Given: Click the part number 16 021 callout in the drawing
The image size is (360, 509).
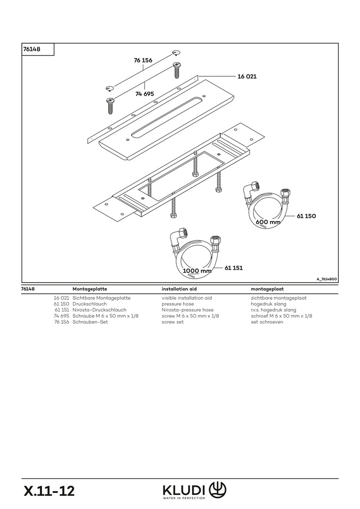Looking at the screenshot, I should pyautogui.click(x=247, y=76).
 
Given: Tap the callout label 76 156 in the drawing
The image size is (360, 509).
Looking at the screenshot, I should pyautogui.click(x=143, y=60).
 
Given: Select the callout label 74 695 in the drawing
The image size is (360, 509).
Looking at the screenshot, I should pyautogui.click(x=145, y=94).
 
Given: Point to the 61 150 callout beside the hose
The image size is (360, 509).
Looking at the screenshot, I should pyautogui.click(x=306, y=216).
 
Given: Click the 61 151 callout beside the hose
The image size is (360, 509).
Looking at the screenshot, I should pyautogui.click(x=234, y=268).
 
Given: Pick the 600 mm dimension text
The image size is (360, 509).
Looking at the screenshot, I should pyautogui.click(x=268, y=222).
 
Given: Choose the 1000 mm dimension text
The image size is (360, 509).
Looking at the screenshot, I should pyautogui.click(x=197, y=271).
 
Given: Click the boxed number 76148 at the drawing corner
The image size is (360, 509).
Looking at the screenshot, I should pyautogui.click(x=31, y=49).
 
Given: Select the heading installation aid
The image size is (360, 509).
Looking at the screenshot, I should pyautogui.click(x=179, y=288).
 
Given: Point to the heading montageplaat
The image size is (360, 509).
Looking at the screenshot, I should pyautogui.click(x=267, y=288).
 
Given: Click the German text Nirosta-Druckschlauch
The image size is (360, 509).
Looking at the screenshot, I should pyautogui.click(x=99, y=310).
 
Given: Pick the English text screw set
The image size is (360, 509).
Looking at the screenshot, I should pyautogui.click(x=172, y=322).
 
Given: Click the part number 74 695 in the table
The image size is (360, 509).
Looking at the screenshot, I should pyautogui.click(x=62, y=316).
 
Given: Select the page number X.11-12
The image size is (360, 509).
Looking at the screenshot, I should pyautogui.click(x=49, y=491).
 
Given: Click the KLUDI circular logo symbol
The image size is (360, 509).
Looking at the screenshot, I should pyautogui.click(x=218, y=488).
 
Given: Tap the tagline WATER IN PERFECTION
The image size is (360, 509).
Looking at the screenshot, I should pyautogui.click(x=184, y=498).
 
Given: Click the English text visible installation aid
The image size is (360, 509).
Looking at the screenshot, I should pyautogui.click(x=187, y=298).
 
